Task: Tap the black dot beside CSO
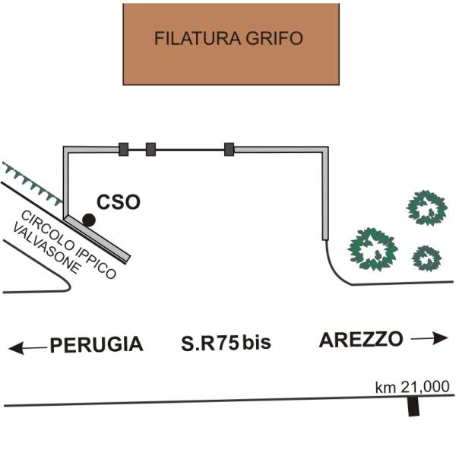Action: click(89, 220)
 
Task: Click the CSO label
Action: click(118, 203)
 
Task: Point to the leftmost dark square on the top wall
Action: click(124, 149)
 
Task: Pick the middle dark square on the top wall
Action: click(150, 149)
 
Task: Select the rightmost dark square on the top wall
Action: click(229, 149)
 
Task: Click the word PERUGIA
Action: click(97, 345)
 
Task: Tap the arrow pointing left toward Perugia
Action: click(27, 348)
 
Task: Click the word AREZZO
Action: click(361, 340)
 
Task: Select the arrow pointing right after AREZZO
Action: click(430, 337)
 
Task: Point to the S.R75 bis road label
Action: click(226, 344)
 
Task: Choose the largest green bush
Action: click(372, 249)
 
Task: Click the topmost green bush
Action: click(426, 207)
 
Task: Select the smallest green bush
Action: click(426, 258)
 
